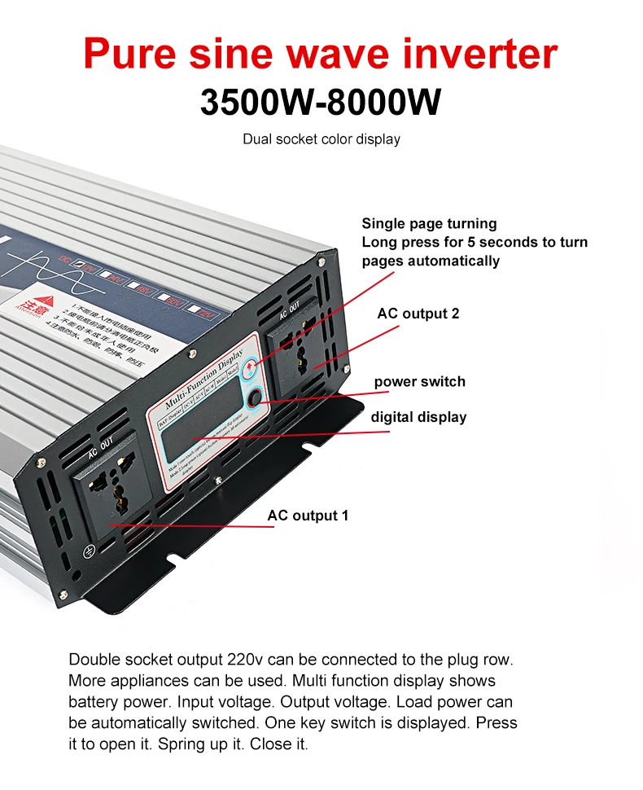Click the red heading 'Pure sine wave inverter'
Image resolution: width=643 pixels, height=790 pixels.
tap(321, 53)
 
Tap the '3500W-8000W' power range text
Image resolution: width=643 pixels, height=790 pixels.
tap(321, 103)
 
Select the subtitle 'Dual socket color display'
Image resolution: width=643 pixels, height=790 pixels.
tap(321, 139)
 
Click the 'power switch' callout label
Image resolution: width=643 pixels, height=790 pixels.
tap(419, 381)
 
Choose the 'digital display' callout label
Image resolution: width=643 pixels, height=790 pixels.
tap(418, 417)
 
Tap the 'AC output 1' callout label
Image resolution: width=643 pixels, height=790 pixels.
tap(308, 516)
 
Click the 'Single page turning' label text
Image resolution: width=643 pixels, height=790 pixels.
tap(429, 223)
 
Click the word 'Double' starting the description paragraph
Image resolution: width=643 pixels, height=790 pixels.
tap(93, 659)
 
